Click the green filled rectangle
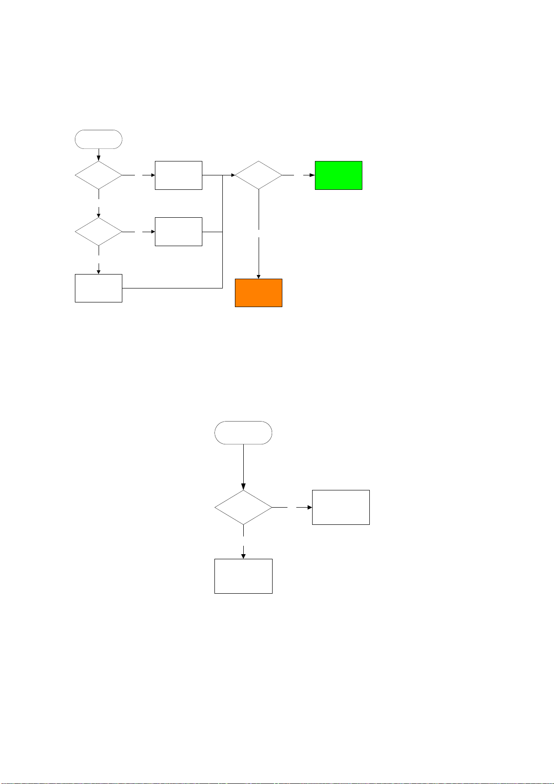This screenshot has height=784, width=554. (338, 175)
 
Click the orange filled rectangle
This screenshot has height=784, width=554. (258, 293)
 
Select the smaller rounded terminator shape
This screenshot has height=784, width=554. (99, 139)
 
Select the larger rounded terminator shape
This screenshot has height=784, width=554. (243, 433)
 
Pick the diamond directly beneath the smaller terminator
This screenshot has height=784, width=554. (99, 175)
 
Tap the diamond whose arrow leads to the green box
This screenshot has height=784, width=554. (258, 175)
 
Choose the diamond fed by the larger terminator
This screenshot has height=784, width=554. (243, 508)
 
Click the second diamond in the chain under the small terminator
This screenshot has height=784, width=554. (99, 232)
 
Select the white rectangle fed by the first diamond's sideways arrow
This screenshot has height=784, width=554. (178, 175)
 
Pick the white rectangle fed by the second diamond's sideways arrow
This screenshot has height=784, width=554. (178, 232)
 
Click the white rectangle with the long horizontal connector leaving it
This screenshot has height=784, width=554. (99, 288)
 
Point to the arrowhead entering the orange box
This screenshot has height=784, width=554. (258, 276)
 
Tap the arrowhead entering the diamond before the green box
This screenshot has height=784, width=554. (232, 175)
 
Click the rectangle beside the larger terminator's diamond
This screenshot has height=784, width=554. (340, 507)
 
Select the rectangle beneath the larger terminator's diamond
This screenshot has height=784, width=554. (243, 576)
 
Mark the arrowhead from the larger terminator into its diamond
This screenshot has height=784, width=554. (243, 487)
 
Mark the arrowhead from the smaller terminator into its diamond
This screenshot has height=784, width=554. (99, 159)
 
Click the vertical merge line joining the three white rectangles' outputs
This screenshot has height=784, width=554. (223, 251)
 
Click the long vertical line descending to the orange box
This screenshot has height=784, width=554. (258, 256)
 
